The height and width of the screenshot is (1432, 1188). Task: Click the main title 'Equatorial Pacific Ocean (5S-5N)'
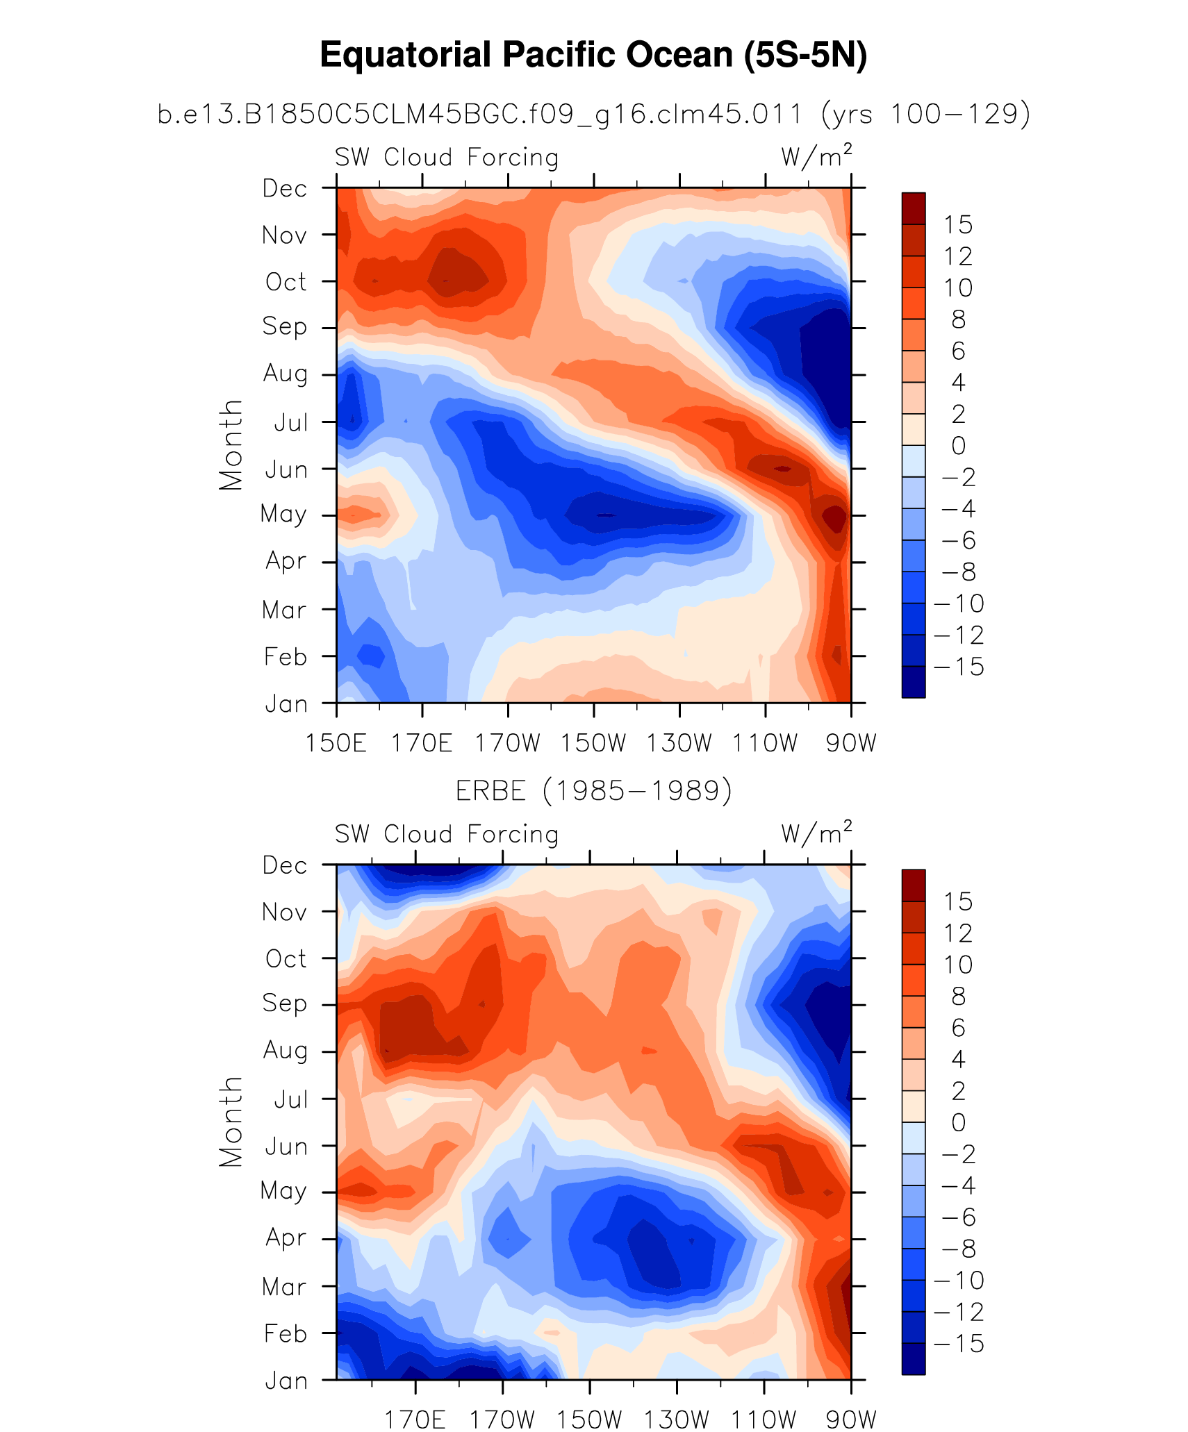[x=593, y=55]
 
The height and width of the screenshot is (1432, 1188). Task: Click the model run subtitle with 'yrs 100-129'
[x=593, y=114]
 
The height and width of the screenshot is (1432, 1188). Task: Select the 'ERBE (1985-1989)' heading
[x=593, y=790]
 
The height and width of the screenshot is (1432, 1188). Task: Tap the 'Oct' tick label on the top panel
[x=286, y=282]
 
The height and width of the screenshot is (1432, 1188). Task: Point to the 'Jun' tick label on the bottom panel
[x=286, y=1147]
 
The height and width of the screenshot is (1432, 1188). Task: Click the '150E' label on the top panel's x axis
[x=336, y=743]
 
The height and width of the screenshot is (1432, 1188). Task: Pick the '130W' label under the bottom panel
[x=676, y=1419]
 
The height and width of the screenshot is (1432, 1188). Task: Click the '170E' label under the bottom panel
[x=415, y=1419]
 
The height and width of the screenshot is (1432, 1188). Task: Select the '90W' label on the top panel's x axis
[x=851, y=743]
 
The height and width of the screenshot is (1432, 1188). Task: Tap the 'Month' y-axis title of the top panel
[x=231, y=445]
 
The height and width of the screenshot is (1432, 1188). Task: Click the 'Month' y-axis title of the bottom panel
[x=231, y=1122]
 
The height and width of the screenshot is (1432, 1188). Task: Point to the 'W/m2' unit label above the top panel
[x=816, y=157]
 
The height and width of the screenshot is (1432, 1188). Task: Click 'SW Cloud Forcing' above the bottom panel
[x=447, y=834]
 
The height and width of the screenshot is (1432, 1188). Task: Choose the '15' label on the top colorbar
[x=958, y=225]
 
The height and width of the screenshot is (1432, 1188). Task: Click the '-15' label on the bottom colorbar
[x=959, y=1344]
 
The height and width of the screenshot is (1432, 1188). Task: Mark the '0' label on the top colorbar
[x=958, y=446]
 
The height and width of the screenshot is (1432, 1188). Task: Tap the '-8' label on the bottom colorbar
[x=959, y=1249]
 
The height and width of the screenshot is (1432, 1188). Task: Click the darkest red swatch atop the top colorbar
[x=914, y=208]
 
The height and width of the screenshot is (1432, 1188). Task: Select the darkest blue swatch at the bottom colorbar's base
[x=914, y=1359]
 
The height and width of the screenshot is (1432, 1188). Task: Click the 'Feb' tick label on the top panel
[x=286, y=656]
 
